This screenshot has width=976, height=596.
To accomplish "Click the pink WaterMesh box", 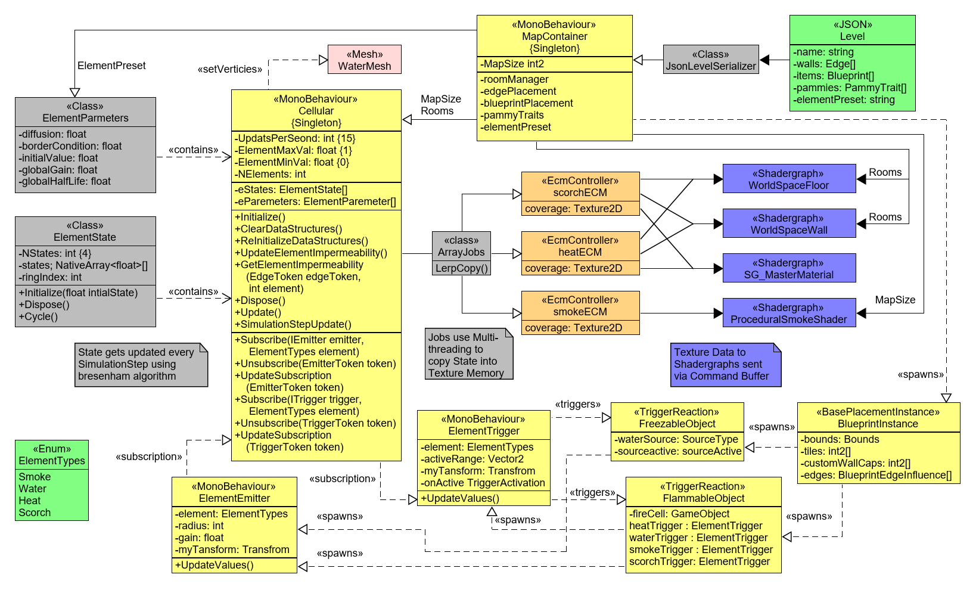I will coord(364,60).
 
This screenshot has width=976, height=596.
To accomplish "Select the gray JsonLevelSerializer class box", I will coord(711,60).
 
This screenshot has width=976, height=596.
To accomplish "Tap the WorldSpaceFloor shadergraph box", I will coord(789,179).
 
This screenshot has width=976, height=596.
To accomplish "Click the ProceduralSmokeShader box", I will coord(789,313).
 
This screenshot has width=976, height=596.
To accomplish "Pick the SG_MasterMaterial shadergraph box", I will coord(789,268).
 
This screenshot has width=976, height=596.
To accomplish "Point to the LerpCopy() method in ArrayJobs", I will coord(462,268).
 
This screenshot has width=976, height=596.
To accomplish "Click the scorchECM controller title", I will coord(580,187).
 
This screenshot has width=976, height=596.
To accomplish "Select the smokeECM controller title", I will coord(580,306).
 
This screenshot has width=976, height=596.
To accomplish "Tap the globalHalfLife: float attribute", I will coord(65,181).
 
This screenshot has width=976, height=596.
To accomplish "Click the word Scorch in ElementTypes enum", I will coord(35,513).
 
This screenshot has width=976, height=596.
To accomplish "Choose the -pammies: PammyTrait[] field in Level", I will coord(850,88).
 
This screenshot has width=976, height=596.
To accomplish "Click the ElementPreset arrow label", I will coord(111,66).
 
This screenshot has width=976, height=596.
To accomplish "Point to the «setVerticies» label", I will coord(230,69).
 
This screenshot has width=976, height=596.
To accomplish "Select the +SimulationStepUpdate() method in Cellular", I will coord(293,324).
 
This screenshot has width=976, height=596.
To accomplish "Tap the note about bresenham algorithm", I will coord(141,364).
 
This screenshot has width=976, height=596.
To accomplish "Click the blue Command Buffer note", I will coord(725,364).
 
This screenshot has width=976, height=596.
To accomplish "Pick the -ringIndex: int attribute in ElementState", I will coord(51,277).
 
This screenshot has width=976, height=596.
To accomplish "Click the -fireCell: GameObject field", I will coord(679,514).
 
